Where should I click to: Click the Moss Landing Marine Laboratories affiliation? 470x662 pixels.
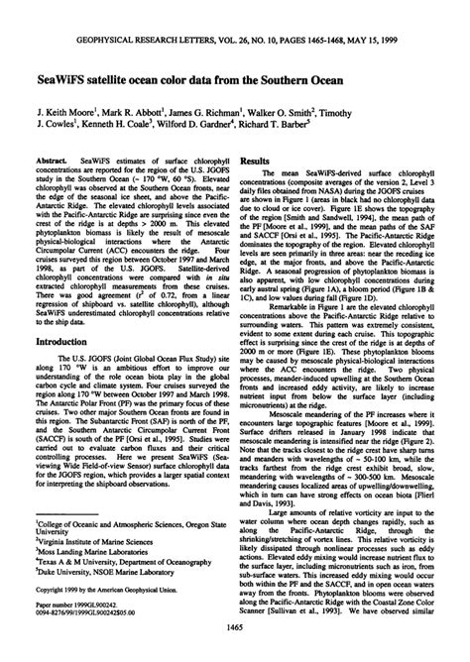pos(90,570)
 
